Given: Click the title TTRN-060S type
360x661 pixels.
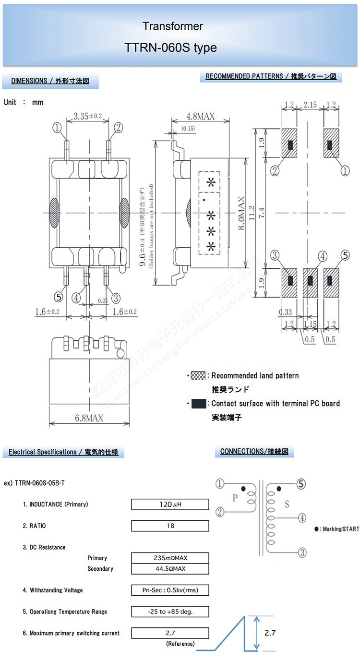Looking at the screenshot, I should [x=170, y=48].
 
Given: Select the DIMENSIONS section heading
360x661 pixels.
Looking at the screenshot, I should [x=50, y=81].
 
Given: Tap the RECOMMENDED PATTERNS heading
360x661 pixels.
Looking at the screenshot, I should [x=271, y=76].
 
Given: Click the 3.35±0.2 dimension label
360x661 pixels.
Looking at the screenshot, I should [x=88, y=116].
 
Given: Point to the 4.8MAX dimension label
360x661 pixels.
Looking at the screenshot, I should [x=200, y=116].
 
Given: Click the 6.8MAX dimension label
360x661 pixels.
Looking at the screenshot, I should [x=89, y=418].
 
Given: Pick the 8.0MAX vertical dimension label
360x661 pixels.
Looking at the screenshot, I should [x=242, y=213].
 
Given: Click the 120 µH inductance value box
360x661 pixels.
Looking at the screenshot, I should [x=170, y=505].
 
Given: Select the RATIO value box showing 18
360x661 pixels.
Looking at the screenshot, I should [x=170, y=526].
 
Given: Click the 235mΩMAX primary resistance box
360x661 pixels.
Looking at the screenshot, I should [x=170, y=558].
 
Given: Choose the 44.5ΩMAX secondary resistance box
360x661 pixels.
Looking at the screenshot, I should [x=170, y=569].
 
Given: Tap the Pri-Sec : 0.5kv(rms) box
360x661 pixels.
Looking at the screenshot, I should [x=170, y=590].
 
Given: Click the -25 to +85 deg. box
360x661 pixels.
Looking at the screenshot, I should [x=170, y=612].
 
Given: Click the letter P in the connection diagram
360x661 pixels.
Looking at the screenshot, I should [x=235, y=498].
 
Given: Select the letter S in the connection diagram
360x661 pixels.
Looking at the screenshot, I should [x=287, y=504].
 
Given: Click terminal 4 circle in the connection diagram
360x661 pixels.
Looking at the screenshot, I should [x=302, y=518].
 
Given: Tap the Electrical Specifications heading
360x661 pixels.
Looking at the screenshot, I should [x=63, y=452].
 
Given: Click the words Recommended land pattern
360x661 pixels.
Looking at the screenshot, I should [x=255, y=375].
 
